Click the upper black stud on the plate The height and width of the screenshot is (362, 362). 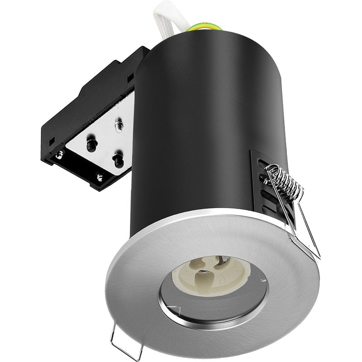click(92, 144)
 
